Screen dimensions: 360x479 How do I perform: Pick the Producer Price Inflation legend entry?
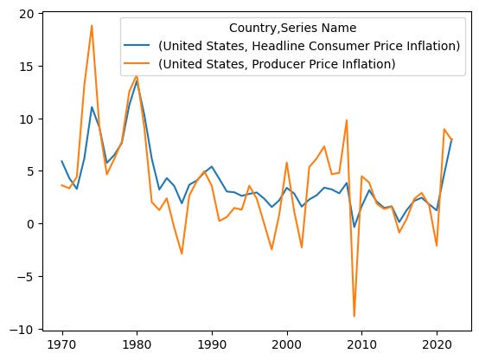[277, 63]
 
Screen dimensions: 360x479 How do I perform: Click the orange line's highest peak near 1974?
[92, 26]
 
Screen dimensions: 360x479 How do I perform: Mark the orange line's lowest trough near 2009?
[354, 317]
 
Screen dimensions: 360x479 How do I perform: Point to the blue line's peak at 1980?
[137, 80]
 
